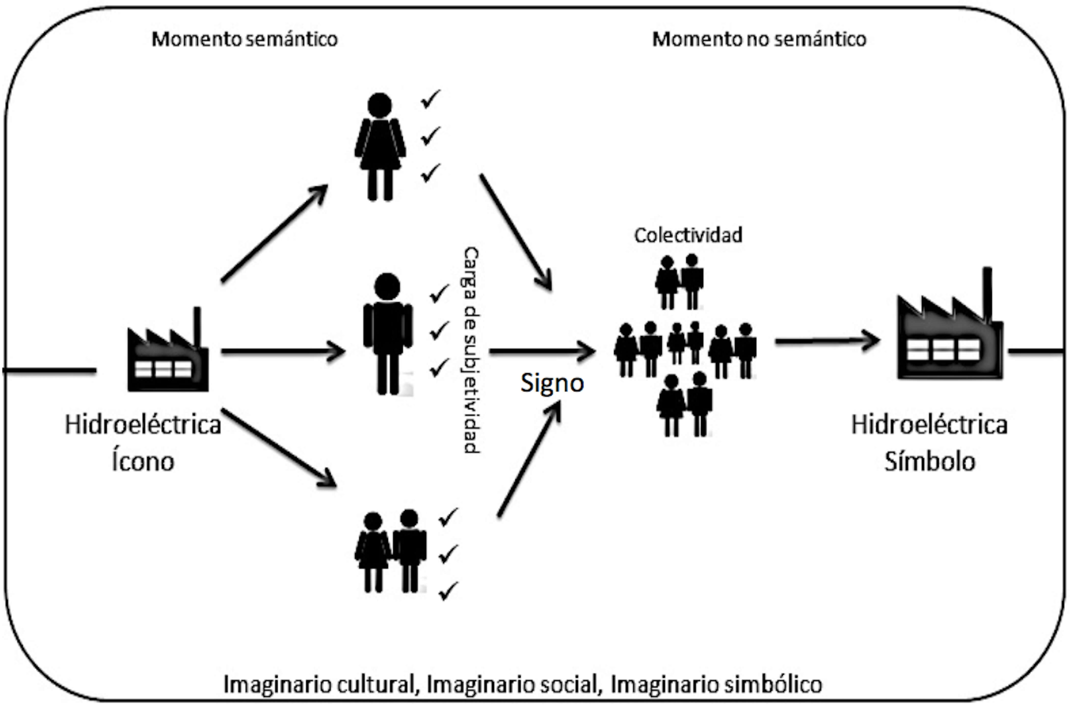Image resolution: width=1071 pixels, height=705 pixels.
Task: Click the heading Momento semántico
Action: pos(244,39)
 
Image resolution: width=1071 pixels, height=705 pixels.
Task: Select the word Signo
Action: pos(552,383)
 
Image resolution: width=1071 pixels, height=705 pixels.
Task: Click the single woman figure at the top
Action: pos(380,146)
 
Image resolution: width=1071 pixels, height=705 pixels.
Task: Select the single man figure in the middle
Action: pos(387,334)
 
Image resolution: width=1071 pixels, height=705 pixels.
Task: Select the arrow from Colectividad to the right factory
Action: pos(827,341)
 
